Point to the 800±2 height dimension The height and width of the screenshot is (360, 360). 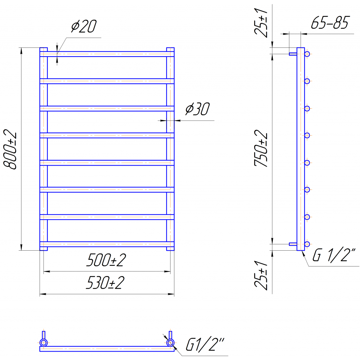point(10,149)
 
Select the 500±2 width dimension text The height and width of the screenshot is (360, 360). point(106,261)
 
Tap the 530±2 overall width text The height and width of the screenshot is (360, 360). point(105,283)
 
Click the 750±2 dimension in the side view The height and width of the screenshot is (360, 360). point(261,148)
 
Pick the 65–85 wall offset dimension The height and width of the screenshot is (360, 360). point(330,23)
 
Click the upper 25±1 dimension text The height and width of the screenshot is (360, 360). point(261,22)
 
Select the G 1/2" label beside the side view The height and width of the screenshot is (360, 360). point(334,255)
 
